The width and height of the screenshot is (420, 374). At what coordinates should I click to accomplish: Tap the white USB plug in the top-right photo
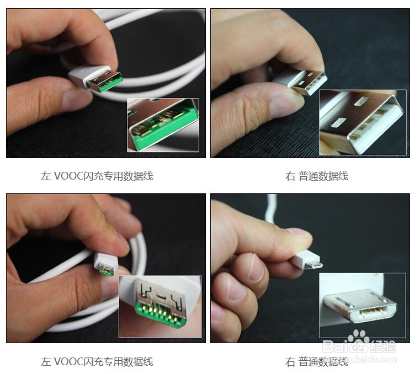tap(309, 82)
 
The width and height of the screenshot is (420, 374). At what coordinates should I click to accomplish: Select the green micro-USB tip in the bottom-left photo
tap(107, 270)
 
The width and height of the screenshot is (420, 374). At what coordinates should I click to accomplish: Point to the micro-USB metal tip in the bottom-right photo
tap(316, 265)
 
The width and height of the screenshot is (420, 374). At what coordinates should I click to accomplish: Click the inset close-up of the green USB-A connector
tap(162, 124)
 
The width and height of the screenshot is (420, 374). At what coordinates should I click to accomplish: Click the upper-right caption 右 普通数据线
tap(316, 176)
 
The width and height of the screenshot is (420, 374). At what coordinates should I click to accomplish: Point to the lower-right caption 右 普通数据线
tap(316, 362)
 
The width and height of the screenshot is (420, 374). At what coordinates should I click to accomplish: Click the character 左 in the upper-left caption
tap(45, 176)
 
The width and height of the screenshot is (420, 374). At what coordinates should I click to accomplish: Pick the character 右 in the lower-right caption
tap(290, 362)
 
